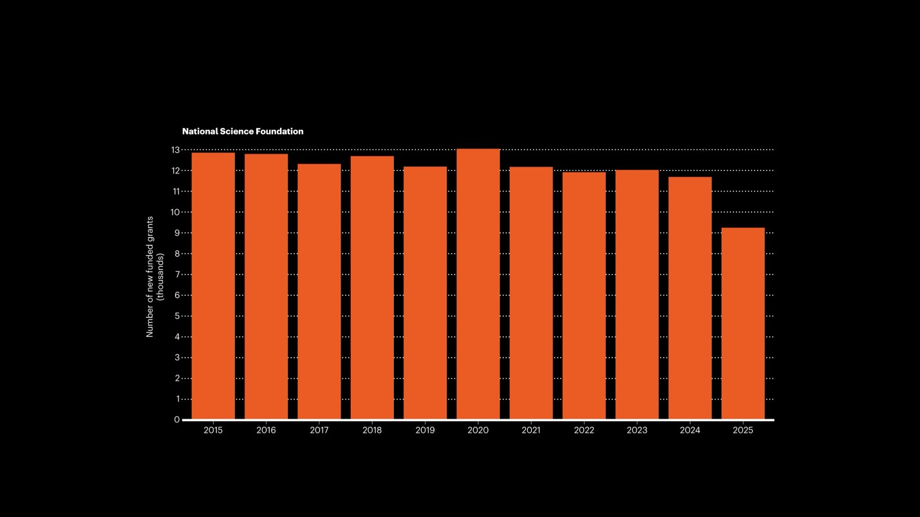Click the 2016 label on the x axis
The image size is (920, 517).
click(266, 430)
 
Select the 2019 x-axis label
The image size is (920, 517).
click(425, 430)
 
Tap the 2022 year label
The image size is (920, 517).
click(584, 430)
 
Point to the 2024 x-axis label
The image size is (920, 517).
click(690, 430)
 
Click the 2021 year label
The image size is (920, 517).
click(531, 430)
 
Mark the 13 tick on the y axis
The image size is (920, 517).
click(175, 150)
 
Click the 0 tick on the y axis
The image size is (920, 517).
click(177, 420)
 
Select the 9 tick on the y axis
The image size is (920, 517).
click(177, 233)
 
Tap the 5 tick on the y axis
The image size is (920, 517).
click(177, 316)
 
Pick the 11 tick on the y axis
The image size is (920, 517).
click(175, 192)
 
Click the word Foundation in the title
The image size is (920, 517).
click(279, 131)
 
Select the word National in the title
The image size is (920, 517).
click(200, 131)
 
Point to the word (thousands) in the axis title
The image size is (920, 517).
click(160, 277)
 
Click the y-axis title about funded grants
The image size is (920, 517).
click(150, 277)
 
